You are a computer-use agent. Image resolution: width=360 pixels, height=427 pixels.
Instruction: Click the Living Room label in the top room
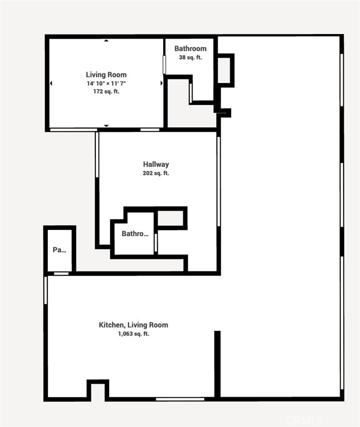pyautogui.click(x=106, y=75)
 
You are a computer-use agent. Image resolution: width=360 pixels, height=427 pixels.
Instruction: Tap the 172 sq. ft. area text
pyautogui.click(x=106, y=91)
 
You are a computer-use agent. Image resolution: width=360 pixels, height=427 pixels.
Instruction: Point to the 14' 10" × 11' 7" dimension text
pyautogui.click(x=106, y=84)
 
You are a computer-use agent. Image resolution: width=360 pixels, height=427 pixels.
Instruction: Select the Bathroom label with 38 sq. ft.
pyautogui.click(x=190, y=49)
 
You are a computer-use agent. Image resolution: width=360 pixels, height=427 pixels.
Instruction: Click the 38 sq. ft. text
pyautogui.click(x=190, y=57)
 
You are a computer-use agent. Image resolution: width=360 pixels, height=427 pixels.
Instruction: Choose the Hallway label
pyautogui.click(x=156, y=164)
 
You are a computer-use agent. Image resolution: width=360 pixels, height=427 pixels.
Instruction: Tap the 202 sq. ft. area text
pyautogui.click(x=156, y=173)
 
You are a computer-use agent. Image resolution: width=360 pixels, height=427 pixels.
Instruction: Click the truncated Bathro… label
pyautogui.click(x=135, y=234)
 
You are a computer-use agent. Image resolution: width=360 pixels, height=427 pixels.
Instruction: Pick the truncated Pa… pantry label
pyautogui.click(x=59, y=250)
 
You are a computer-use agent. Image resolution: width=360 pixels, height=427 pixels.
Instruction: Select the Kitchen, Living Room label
pyautogui.click(x=133, y=325)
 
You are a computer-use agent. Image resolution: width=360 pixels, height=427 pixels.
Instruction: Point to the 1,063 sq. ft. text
pyautogui.click(x=133, y=334)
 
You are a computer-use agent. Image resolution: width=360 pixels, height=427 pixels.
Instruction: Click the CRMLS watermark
pyautogui.click(x=303, y=420)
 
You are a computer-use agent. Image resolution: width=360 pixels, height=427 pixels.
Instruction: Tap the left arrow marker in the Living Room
pyautogui.click(x=51, y=83)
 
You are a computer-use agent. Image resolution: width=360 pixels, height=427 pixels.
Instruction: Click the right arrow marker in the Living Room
pyautogui.click(x=161, y=83)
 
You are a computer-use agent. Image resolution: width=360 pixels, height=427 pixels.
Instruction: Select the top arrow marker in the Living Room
pyautogui.click(x=106, y=41)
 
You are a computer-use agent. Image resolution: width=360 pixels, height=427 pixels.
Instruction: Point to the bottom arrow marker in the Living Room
pyautogui.click(x=106, y=126)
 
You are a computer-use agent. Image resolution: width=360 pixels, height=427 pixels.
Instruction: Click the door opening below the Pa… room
pyautogui.click(x=61, y=274)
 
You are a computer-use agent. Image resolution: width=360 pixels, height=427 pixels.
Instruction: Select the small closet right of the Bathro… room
pyautogui.click(x=171, y=218)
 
